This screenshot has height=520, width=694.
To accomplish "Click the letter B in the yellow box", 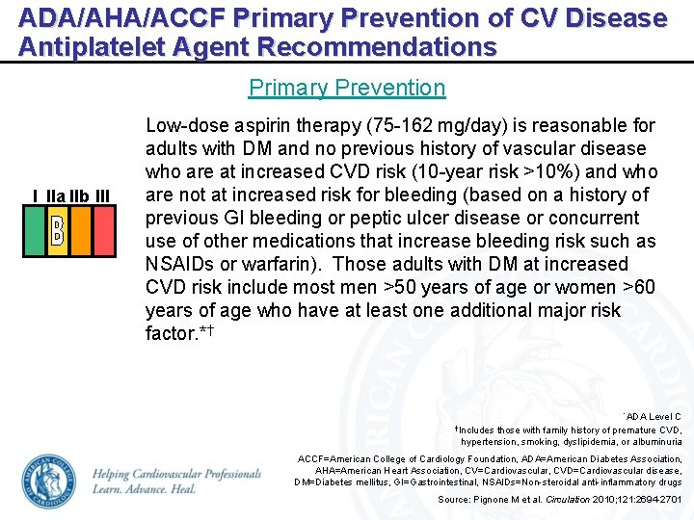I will (x=56, y=231).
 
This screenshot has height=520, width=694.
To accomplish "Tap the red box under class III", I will (x=101, y=231).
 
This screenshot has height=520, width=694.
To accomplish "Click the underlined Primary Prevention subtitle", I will (x=347, y=88).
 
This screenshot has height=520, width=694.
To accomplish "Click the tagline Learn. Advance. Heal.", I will (x=145, y=489).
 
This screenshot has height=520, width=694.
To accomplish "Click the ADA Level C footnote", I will (x=653, y=416).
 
